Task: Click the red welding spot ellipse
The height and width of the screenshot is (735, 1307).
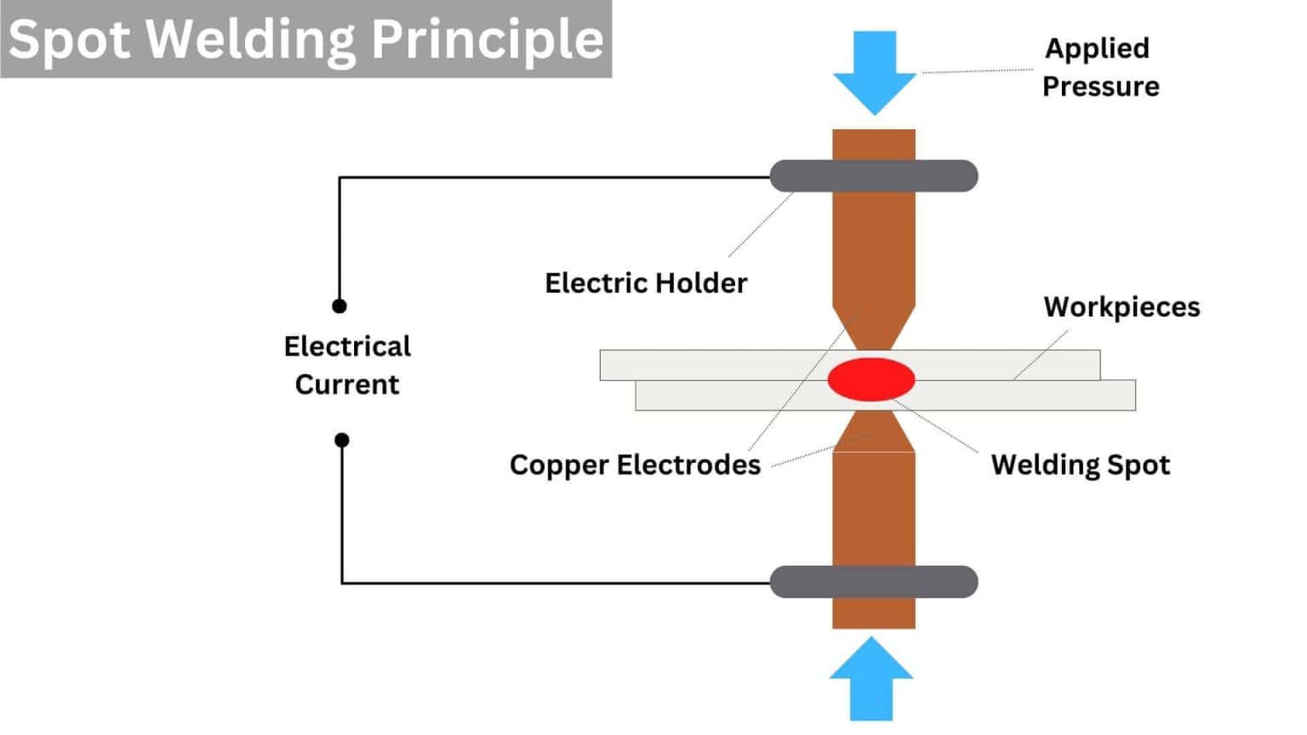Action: [x=870, y=379]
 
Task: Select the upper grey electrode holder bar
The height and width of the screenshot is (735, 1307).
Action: [x=874, y=176]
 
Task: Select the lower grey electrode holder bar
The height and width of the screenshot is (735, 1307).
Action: [x=874, y=582]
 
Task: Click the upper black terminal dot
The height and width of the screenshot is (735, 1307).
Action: [x=340, y=306]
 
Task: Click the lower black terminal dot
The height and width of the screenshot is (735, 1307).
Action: [x=342, y=440]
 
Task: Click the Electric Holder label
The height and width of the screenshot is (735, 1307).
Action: [x=646, y=282]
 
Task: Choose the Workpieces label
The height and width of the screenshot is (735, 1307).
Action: [x=1122, y=307]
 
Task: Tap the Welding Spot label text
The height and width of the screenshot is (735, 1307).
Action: [x=1080, y=464]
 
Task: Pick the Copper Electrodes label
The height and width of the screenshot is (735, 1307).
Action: [x=635, y=464]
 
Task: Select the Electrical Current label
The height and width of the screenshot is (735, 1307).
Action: [x=347, y=365]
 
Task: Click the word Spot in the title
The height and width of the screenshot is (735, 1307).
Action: [x=70, y=39]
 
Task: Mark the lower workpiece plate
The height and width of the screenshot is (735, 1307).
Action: [x=1021, y=396]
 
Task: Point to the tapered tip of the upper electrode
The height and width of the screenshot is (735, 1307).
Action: [x=874, y=328]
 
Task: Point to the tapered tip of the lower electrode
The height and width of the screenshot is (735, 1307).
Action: [x=874, y=432]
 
